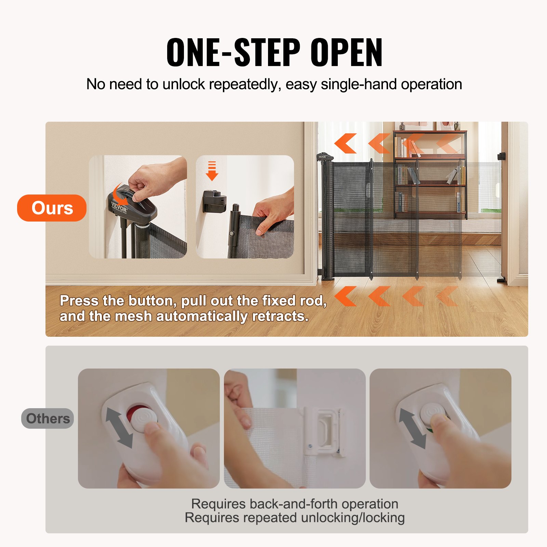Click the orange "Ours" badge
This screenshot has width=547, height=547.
pyautogui.click(x=52, y=208)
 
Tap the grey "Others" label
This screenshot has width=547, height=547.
pyautogui.click(x=48, y=418)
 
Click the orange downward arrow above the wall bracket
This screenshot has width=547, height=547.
pyautogui.click(x=212, y=171)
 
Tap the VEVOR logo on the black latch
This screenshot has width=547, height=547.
pyautogui.click(x=119, y=207)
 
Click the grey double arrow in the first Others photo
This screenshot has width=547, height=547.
pyautogui.click(x=119, y=427)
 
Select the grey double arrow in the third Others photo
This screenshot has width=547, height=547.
pyautogui.click(x=412, y=428)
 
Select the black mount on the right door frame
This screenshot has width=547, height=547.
pyautogui.click(x=502, y=156)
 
